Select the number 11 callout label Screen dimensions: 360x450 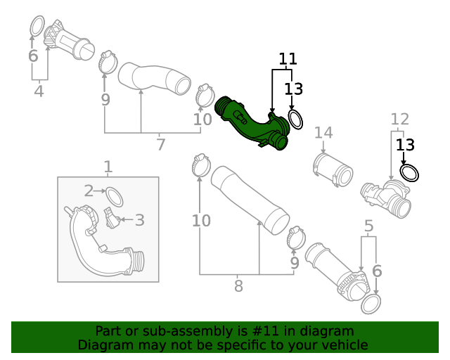tap(287, 59)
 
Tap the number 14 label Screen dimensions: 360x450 tap(323, 133)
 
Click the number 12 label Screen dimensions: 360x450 tap(399, 118)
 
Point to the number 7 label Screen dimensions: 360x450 tap(160, 145)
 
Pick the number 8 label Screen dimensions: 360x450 tap(238, 285)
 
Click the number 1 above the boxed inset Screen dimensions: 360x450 tap(108, 167)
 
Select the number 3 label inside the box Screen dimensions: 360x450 tap(139, 220)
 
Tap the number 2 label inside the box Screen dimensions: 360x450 tap(89, 191)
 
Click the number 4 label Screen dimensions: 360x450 tap(39, 91)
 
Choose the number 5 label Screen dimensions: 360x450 tap(368, 226)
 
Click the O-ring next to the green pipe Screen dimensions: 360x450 tap(295, 119)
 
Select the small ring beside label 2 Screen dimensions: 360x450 tap(114, 197)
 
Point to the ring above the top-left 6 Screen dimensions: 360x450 tap(36, 27)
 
